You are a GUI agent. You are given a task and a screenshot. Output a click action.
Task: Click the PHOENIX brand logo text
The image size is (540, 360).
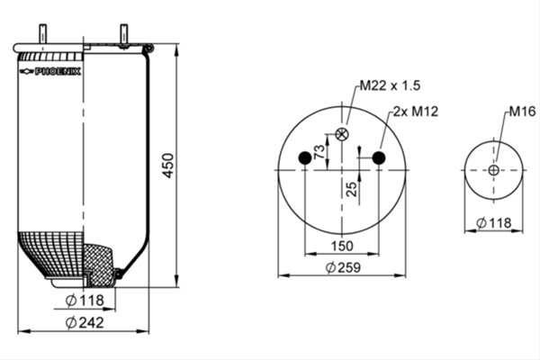click(x=58, y=71)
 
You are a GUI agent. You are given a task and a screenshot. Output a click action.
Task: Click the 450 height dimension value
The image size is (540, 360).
click(x=168, y=166)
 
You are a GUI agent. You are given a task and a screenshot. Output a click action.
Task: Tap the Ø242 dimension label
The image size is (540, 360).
click(x=85, y=323)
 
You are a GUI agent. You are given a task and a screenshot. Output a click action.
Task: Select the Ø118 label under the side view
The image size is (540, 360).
click(x=85, y=301)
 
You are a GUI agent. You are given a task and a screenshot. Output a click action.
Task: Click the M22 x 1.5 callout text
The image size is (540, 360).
click(x=391, y=85)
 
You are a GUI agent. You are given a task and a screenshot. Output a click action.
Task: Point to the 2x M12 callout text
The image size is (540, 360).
click(x=416, y=112)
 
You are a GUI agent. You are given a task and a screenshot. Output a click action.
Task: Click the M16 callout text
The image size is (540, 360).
click(x=522, y=112)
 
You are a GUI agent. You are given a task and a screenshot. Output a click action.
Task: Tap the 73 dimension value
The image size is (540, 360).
click(x=319, y=151)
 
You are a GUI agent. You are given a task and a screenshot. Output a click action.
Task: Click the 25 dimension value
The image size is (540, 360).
click(x=352, y=189)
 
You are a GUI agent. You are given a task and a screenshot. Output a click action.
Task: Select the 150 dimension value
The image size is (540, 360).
click(x=342, y=246)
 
